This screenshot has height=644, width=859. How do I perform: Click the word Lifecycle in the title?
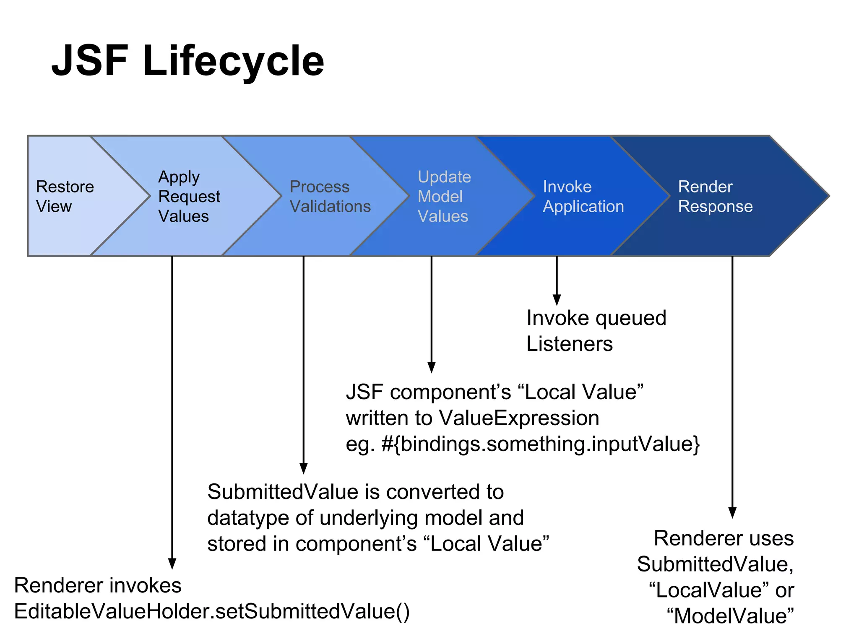(233, 62)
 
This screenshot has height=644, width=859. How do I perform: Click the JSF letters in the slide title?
(89, 61)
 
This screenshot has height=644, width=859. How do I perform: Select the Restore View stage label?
(65, 196)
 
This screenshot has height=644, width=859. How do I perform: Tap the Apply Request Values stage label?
(189, 196)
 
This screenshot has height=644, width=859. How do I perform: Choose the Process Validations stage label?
(330, 196)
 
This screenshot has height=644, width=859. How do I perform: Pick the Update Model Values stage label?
(444, 196)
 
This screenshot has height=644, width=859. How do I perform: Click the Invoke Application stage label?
(583, 196)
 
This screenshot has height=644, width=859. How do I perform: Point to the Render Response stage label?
(715, 196)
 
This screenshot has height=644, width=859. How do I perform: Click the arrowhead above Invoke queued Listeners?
(557, 299)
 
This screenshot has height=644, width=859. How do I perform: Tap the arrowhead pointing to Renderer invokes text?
(172, 563)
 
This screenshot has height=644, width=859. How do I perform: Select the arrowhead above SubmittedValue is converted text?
(304, 468)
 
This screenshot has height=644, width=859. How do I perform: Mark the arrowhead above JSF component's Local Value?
(431, 367)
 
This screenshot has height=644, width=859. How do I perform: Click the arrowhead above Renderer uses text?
(732, 512)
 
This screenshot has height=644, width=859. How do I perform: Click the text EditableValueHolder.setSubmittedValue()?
(212, 611)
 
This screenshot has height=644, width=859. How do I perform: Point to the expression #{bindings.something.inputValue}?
(540, 444)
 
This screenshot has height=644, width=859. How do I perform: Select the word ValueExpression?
(519, 418)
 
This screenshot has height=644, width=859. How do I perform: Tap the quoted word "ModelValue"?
(730, 616)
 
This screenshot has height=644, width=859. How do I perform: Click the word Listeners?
(569, 344)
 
